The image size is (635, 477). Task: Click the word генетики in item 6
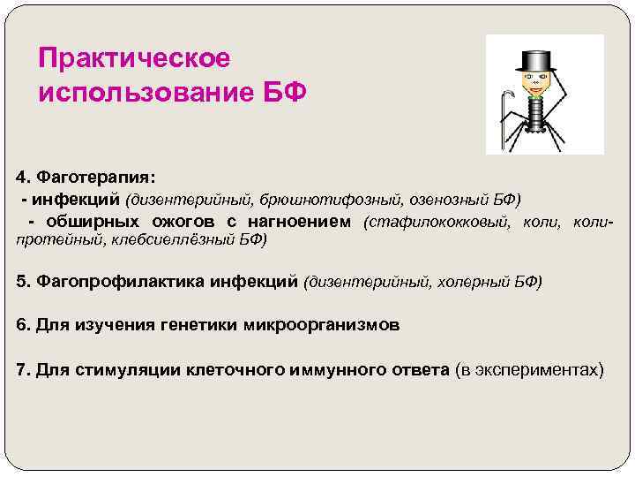coord(200,324)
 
